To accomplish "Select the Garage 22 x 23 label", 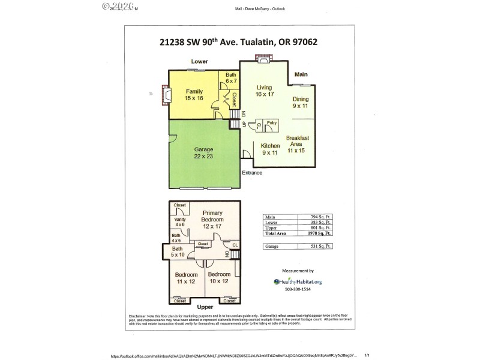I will tap(204, 152).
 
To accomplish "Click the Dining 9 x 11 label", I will tap(300, 102).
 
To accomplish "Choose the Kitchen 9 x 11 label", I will tap(271, 149).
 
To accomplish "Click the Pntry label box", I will tap(272, 124).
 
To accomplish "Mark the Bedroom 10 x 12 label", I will tap(218, 278).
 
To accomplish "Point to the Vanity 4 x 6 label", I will tap(180, 222).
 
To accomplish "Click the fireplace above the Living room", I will tap(262, 59).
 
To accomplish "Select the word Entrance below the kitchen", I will tap(252, 173).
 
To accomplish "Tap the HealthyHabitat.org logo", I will tap(298, 281).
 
